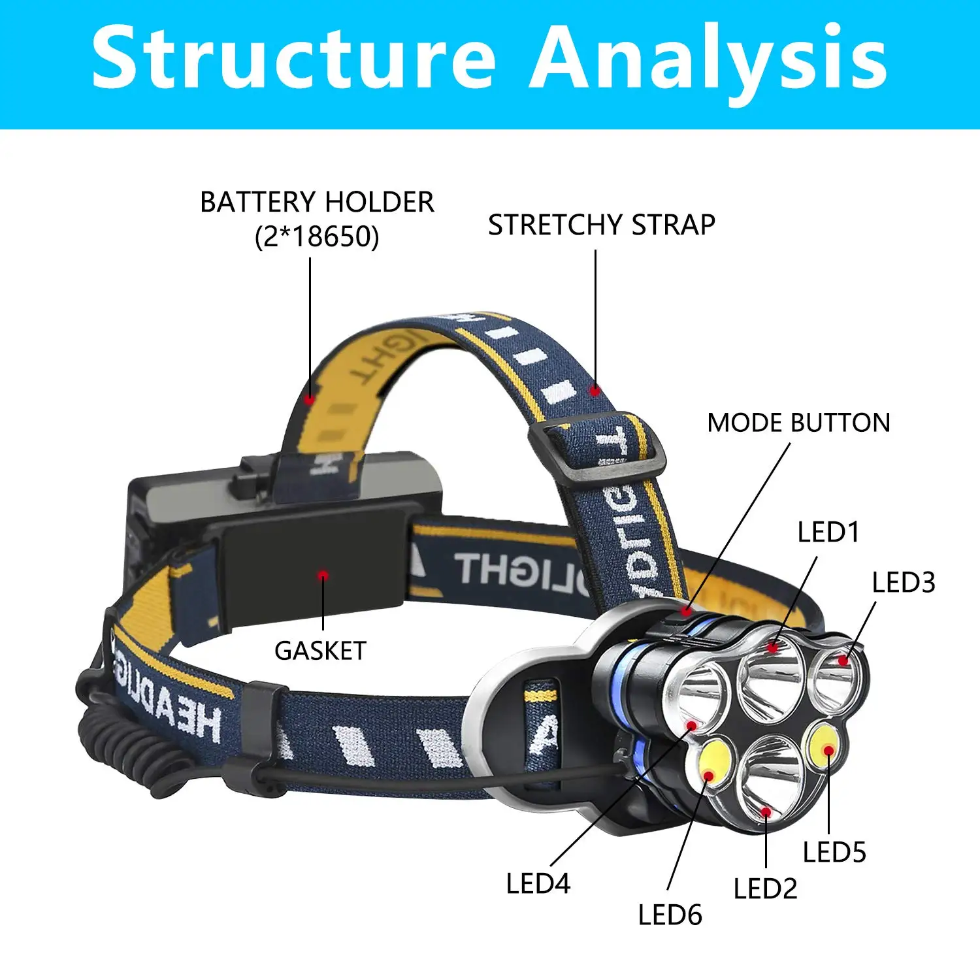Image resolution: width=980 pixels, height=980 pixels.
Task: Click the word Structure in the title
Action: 294,57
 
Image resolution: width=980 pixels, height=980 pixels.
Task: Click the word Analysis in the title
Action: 709,57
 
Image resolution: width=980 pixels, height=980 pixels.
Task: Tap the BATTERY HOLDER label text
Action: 317,203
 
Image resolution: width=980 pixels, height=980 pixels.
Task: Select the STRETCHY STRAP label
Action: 602,225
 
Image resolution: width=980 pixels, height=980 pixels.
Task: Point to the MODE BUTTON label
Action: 798,423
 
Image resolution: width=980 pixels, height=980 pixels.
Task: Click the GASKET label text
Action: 320,651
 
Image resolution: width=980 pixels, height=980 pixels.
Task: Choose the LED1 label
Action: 828,532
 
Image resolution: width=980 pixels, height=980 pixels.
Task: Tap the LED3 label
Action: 904,583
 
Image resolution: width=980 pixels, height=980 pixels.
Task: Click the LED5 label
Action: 834,853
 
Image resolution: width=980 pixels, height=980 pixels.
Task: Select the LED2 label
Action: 765,889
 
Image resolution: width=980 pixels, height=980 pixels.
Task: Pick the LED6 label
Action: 670,915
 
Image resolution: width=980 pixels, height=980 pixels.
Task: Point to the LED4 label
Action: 538,884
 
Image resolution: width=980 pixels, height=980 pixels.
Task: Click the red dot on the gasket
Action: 323,576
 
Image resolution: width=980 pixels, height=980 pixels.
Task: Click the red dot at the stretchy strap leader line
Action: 595,391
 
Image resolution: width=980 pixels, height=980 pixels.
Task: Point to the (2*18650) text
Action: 317,237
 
